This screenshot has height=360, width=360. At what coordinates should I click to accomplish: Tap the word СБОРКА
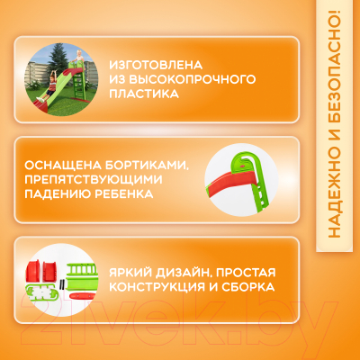pos(248,288)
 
